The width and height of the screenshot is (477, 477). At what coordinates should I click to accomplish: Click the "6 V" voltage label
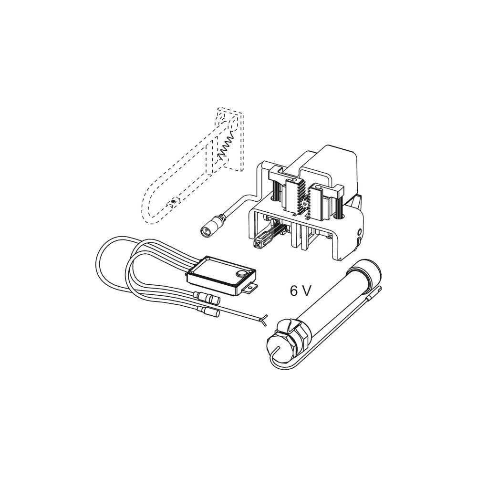point(301,291)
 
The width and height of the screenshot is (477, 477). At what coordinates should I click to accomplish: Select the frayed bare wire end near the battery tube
point(264,319)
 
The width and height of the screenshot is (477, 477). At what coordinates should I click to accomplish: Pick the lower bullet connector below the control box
point(209,311)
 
